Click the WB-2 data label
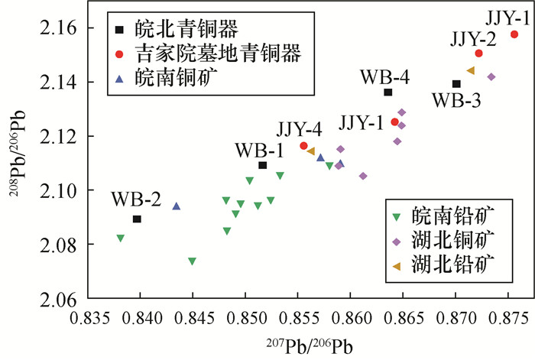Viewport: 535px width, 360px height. [x=135, y=201]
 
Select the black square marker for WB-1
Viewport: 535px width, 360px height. [x=263, y=165]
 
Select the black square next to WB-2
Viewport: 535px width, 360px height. [x=137, y=219]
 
